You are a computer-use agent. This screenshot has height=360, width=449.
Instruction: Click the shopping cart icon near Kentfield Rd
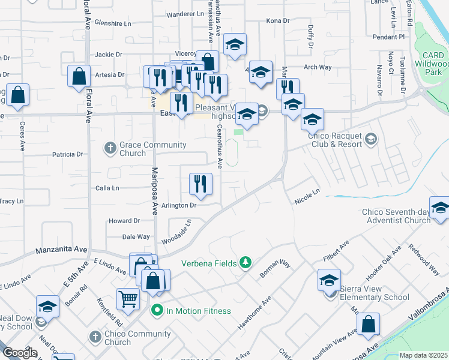[128, 298]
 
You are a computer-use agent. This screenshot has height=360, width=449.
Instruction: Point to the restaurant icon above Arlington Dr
[200, 184]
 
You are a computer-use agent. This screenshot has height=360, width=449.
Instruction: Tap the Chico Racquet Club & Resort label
[335, 140]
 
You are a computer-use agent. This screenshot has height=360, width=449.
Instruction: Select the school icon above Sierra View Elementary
[329, 280]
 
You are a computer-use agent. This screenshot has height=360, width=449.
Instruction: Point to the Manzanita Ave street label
[62, 250]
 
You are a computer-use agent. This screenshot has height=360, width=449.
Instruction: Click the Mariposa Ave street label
[154, 191]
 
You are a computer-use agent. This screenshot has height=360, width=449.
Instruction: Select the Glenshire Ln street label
[112, 23]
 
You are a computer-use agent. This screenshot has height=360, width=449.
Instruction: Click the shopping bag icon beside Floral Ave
[79, 76]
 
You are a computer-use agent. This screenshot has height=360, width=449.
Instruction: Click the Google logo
[20, 353]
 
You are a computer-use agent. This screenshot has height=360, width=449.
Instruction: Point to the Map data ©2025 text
[423, 355]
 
